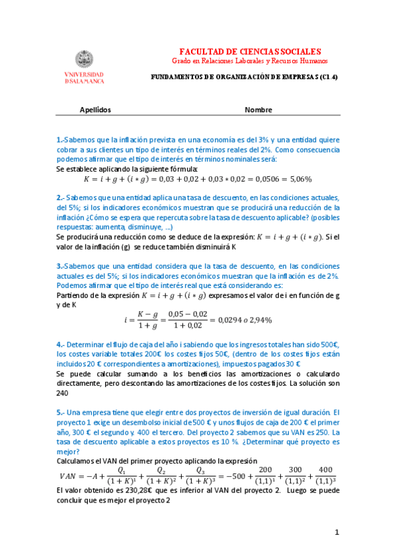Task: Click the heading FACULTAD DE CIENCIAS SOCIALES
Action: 250,51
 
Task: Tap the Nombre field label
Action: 258,110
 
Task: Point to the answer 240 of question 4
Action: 62,392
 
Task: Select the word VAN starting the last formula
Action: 69,476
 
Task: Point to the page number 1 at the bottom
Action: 337,532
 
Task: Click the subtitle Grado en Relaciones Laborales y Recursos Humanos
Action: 250,61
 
